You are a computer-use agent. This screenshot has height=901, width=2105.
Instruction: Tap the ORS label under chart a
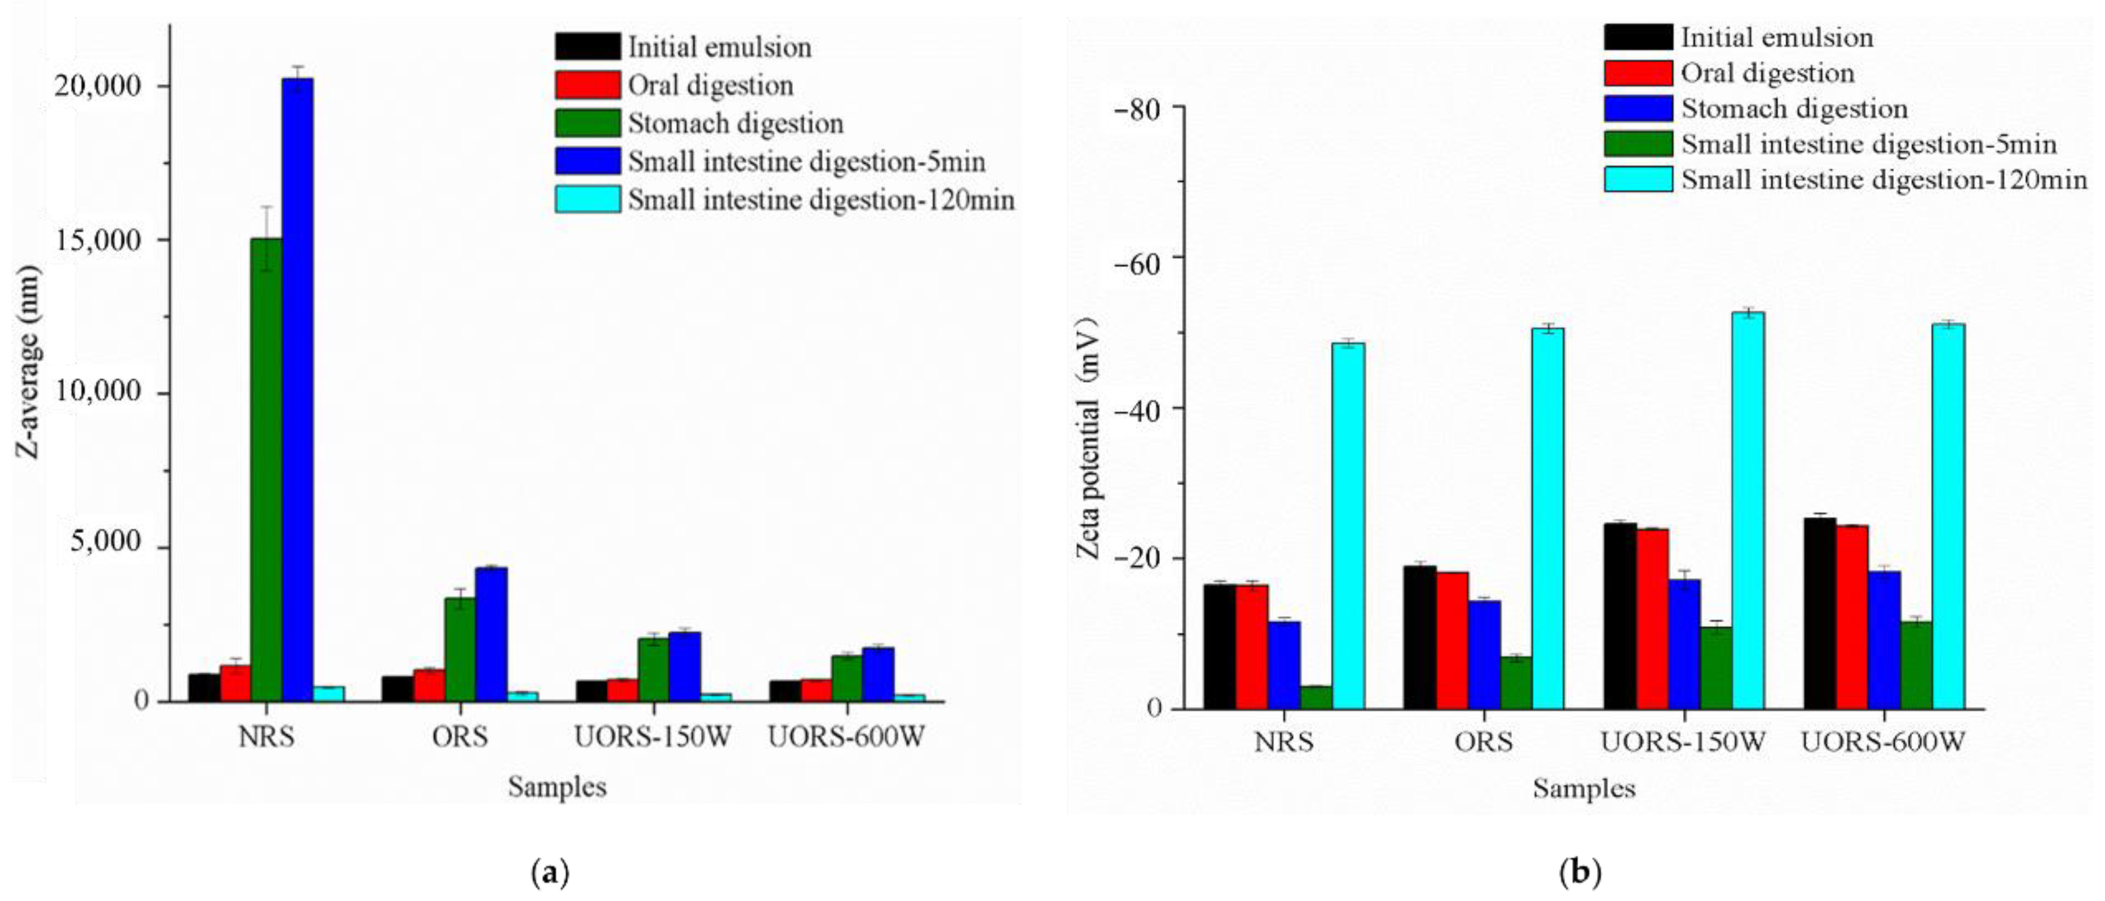pos(460,737)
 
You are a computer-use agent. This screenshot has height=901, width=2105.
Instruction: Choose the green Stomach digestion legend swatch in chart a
pos(587,124)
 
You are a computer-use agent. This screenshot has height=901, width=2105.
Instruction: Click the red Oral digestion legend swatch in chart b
pos(1638,73)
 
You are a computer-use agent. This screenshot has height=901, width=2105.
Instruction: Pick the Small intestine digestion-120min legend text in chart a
pos(820,200)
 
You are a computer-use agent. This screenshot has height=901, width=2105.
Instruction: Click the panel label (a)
pos(550,873)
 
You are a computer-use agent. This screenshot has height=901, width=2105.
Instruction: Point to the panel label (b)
pos(1581,873)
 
